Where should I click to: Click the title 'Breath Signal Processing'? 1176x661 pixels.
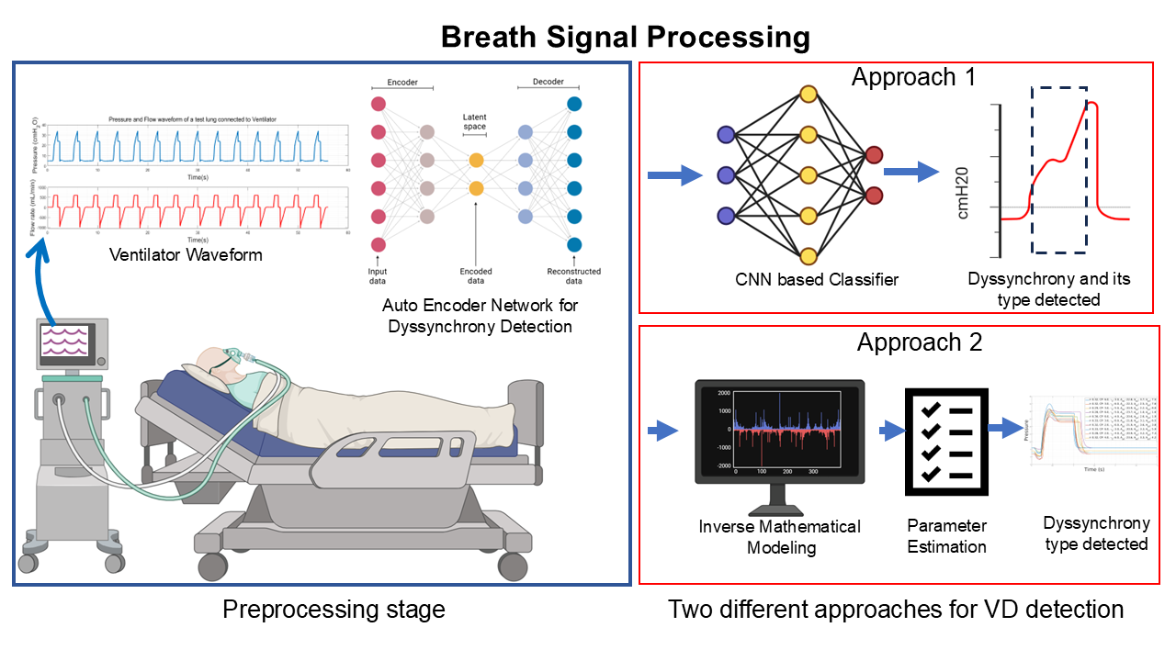pyautogui.click(x=625, y=38)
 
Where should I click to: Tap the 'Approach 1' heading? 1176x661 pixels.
pyautogui.click(x=913, y=77)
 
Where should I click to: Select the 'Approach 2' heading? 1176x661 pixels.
pyautogui.click(x=920, y=342)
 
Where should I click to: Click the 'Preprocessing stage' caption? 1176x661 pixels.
pyautogui.click(x=334, y=609)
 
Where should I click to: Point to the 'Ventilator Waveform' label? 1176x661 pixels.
pyautogui.click(x=186, y=254)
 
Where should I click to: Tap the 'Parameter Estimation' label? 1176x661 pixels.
pyautogui.click(x=946, y=536)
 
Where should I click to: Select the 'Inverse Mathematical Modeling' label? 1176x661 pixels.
pyautogui.click(x=780, y=536)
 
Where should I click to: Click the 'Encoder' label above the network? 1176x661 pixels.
pyautogui.click(x=402, y=82)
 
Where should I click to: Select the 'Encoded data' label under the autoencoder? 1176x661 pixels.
pyautogui.click(x=475, y=276)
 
